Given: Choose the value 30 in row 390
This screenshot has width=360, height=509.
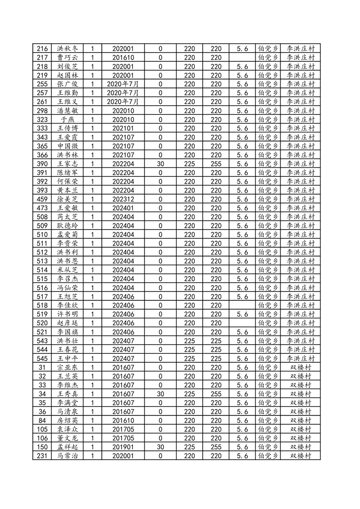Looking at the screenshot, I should (160, 164).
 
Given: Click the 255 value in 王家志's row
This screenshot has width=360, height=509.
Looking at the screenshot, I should (216, 164).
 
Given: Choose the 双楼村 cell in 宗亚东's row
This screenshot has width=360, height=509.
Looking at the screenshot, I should (301, 367).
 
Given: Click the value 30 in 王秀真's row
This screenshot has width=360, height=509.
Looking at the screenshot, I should (160, 394).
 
